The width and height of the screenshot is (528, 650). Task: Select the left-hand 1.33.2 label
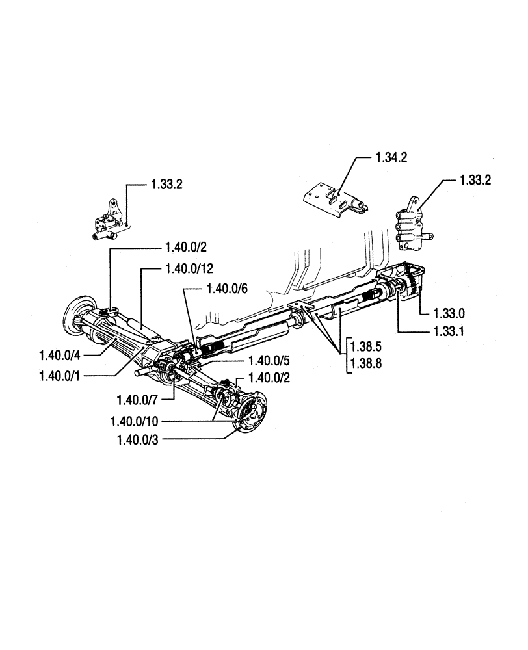(166, 185)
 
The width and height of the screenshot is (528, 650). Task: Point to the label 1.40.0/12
(189, 267)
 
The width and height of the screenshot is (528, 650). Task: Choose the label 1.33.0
(447, 313)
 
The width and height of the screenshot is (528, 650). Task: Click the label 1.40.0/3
(138, 440)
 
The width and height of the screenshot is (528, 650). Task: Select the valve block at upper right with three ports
(410, 227)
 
